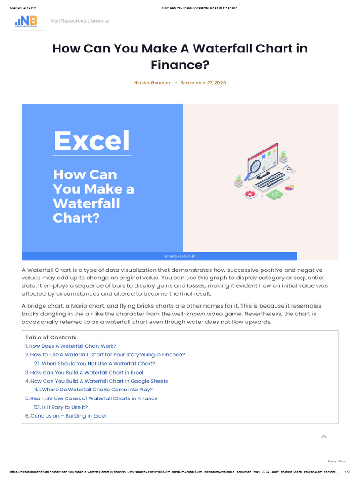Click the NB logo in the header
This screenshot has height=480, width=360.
click(x=28, y=21)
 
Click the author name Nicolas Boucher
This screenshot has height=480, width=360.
click(x=152, y=83)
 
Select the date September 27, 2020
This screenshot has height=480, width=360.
click(x=203, y=83)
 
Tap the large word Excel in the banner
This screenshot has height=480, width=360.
click(x=92, y=140)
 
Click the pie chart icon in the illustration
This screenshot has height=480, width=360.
click(x=290, y=187)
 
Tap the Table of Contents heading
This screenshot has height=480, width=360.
click(x=51, y=337)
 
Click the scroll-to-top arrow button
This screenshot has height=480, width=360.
click(x=323, y=437)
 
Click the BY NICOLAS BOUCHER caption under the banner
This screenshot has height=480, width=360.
click(x=180, y=256)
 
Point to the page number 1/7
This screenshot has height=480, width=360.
click(x=347, y=472)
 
